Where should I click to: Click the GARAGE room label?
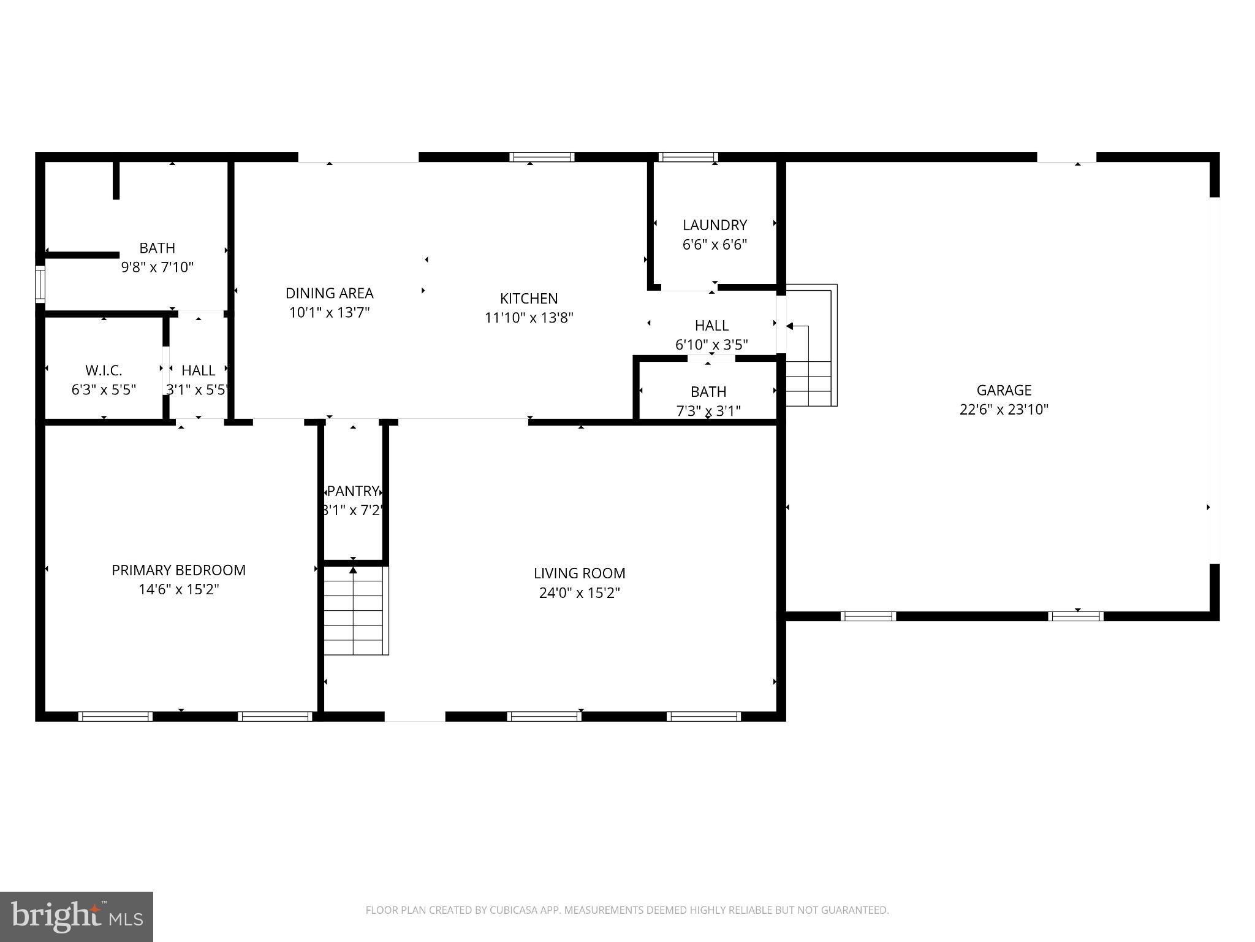point(1004,390)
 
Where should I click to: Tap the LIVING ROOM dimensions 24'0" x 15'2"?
point(580,593)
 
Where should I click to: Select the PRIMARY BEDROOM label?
point(178,570)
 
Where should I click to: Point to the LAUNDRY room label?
point(715,225)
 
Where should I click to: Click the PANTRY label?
point(353,491)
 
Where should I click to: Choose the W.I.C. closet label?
point(104,370)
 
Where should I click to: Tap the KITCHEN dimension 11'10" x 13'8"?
point(529,318)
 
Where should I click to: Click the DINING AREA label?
point(329,293)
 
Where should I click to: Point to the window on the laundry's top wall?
point(688,157)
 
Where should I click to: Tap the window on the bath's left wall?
point(40,284)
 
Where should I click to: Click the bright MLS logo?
point(77,916)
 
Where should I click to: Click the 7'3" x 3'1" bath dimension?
point(708,411)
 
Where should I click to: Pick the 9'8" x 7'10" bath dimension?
point(157,267)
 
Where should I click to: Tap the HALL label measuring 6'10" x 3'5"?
point(711,326)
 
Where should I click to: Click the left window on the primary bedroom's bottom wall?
point(115,716)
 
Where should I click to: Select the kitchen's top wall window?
point(542,157)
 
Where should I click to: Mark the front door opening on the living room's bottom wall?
point(415,716)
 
